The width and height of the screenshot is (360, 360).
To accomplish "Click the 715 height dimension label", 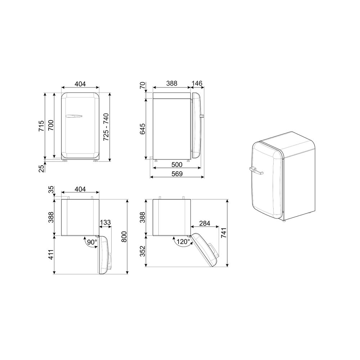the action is coord(41,126).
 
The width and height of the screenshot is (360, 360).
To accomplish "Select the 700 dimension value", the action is coord(51,125).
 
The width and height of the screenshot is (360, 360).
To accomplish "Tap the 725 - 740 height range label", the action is coord(106,127).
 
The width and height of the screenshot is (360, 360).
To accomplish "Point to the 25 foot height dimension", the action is coord(41,169).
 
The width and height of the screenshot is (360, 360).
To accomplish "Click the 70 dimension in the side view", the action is coord(143,85).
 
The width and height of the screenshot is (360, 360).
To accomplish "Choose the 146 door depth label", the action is coord(197,84).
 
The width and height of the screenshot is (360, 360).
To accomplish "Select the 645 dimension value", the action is coord(143,129).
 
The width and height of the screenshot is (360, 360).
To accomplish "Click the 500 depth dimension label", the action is coord(177,165).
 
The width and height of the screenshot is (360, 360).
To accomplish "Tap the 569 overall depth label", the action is coord(177,174).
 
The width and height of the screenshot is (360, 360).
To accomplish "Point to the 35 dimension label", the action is coord(51,190).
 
